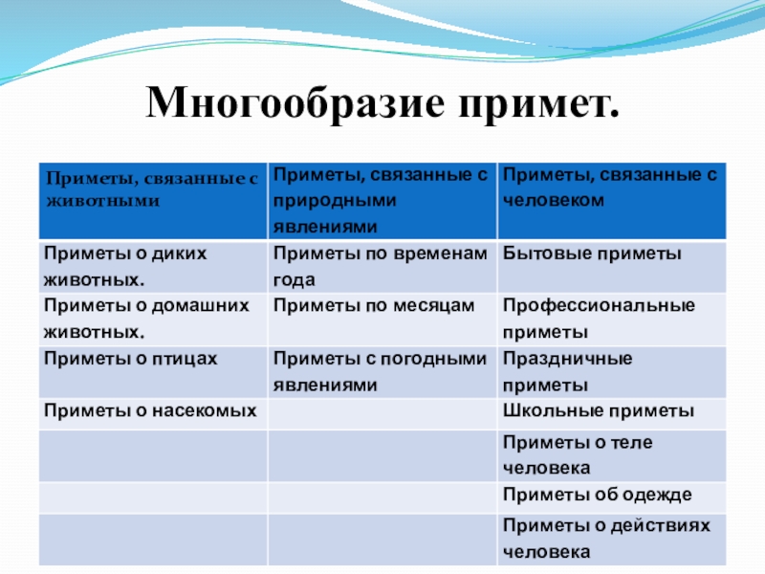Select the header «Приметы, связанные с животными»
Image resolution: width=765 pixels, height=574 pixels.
[x=152, y=188]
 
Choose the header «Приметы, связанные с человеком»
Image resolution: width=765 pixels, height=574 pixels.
[x=609, y=188]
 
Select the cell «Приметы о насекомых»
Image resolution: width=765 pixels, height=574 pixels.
[x=150, y=410]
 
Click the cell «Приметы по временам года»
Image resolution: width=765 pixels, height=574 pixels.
[x=380, y=266]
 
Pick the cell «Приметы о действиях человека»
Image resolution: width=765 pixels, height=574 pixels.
[x=607, y=539]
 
